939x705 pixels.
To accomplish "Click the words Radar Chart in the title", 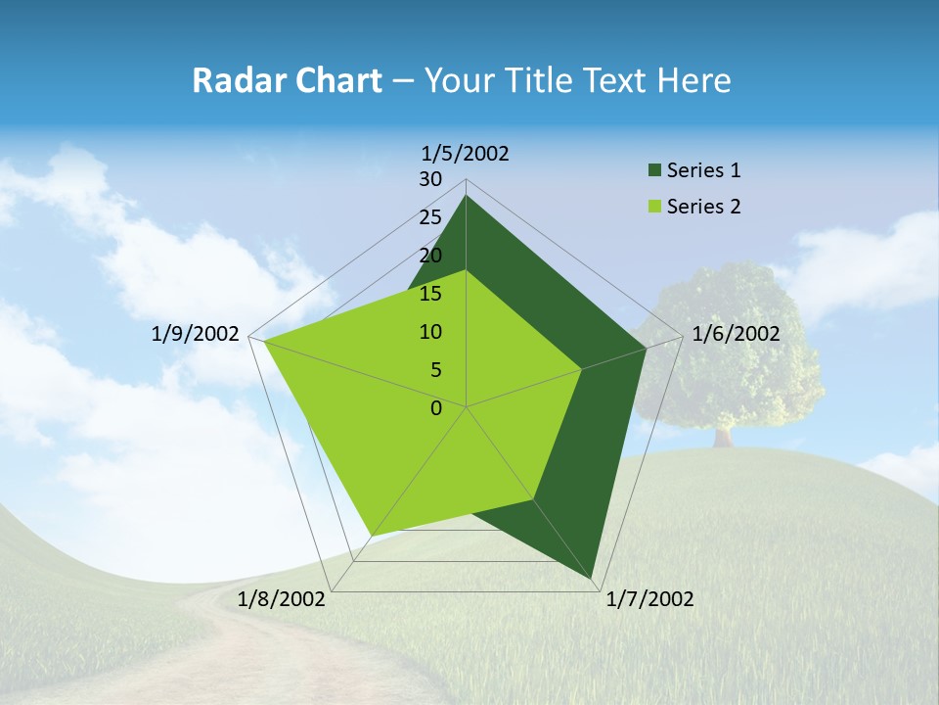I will (x=287, y=80).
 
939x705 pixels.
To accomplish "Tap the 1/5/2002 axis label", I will (x=466, y=154).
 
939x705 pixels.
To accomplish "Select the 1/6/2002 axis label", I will (x=736, y=334).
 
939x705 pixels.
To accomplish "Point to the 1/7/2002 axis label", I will (x=649, y=599).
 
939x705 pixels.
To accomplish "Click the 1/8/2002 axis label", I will (x=282, y=599).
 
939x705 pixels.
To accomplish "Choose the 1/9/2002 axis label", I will (x=195, y=334).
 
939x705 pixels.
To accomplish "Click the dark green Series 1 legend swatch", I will (x=654, y=171).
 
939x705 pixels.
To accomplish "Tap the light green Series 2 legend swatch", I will (x=654, y=207).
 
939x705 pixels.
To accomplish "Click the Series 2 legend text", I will (x=703, y=207).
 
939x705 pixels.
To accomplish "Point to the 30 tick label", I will (x=430, y=179).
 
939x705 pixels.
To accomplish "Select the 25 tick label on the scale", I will (x=430, y=217).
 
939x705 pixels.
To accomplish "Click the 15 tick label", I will (x=430, y=294).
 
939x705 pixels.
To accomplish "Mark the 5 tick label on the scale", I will (x=435, y=370).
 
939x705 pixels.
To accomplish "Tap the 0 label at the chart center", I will (x=436, y=408).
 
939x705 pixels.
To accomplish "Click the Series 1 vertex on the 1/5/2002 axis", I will (x=467, y=196).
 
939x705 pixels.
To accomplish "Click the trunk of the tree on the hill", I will (x=723, y=437).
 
